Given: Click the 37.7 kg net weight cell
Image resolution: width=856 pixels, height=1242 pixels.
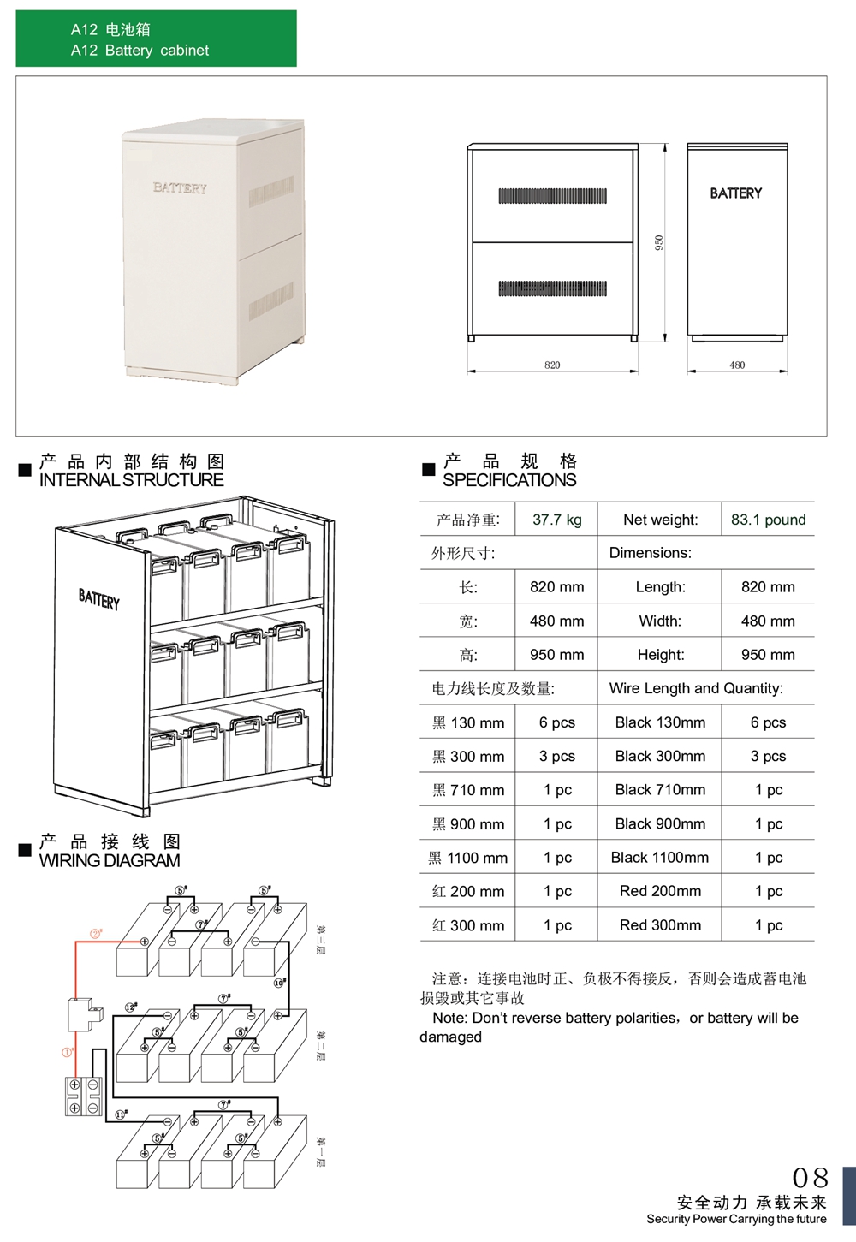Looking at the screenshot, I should click(x=556, y=520).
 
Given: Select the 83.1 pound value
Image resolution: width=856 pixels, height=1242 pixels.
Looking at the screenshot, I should click(x=768, y=520).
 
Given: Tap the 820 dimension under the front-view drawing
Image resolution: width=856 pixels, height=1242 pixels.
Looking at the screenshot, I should click(x=552, y=365).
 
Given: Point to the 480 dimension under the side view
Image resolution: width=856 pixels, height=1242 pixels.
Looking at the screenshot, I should click(x=737, y=365).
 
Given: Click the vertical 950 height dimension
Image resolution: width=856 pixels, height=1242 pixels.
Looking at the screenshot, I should click(x=659, y=242).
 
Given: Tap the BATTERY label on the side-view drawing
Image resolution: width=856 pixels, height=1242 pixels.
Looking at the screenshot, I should click(x=735, y=193).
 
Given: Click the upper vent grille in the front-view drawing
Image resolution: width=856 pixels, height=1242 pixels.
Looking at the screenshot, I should click(x=552, y=196).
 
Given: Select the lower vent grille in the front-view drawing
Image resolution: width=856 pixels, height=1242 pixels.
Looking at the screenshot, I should click(x=552, y=288).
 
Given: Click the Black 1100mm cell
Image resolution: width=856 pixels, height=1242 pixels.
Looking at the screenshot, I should click(x=659, y=858).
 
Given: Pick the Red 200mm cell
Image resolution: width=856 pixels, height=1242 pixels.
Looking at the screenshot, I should click(x=660, y=891).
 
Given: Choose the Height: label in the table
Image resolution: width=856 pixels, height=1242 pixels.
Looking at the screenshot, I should click(x=660, y=655).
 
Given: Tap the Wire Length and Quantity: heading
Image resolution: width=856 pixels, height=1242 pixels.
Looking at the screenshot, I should click(x=695, y=688).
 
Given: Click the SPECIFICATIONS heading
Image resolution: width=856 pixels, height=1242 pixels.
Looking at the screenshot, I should click(x=509, y=480).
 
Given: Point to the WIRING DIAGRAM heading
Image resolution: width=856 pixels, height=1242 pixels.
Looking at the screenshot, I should click(x=110, y=860).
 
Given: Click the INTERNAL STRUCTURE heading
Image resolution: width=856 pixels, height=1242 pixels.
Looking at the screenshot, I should click(x=131, y=480).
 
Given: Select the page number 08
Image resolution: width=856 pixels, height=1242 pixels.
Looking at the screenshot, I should click(x=810, y=1179).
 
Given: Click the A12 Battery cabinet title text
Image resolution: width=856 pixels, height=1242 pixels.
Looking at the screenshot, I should click(x=140, y=51).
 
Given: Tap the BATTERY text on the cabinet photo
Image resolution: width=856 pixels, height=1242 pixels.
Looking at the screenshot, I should click(x=180, y=188).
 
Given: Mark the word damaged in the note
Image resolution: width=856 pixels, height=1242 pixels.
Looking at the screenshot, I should click(x=450, y=1037).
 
